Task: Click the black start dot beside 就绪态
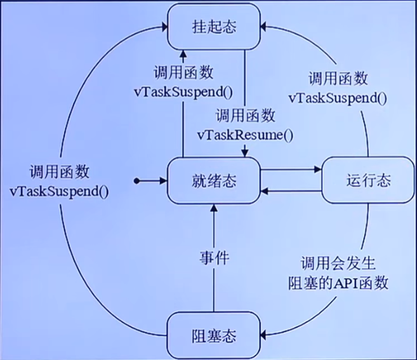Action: [x=136, y=181]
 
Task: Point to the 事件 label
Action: [x=213, y=258]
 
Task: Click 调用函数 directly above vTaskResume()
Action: [x=246, y=116]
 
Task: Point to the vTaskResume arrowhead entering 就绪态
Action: [x=245, y=153]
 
